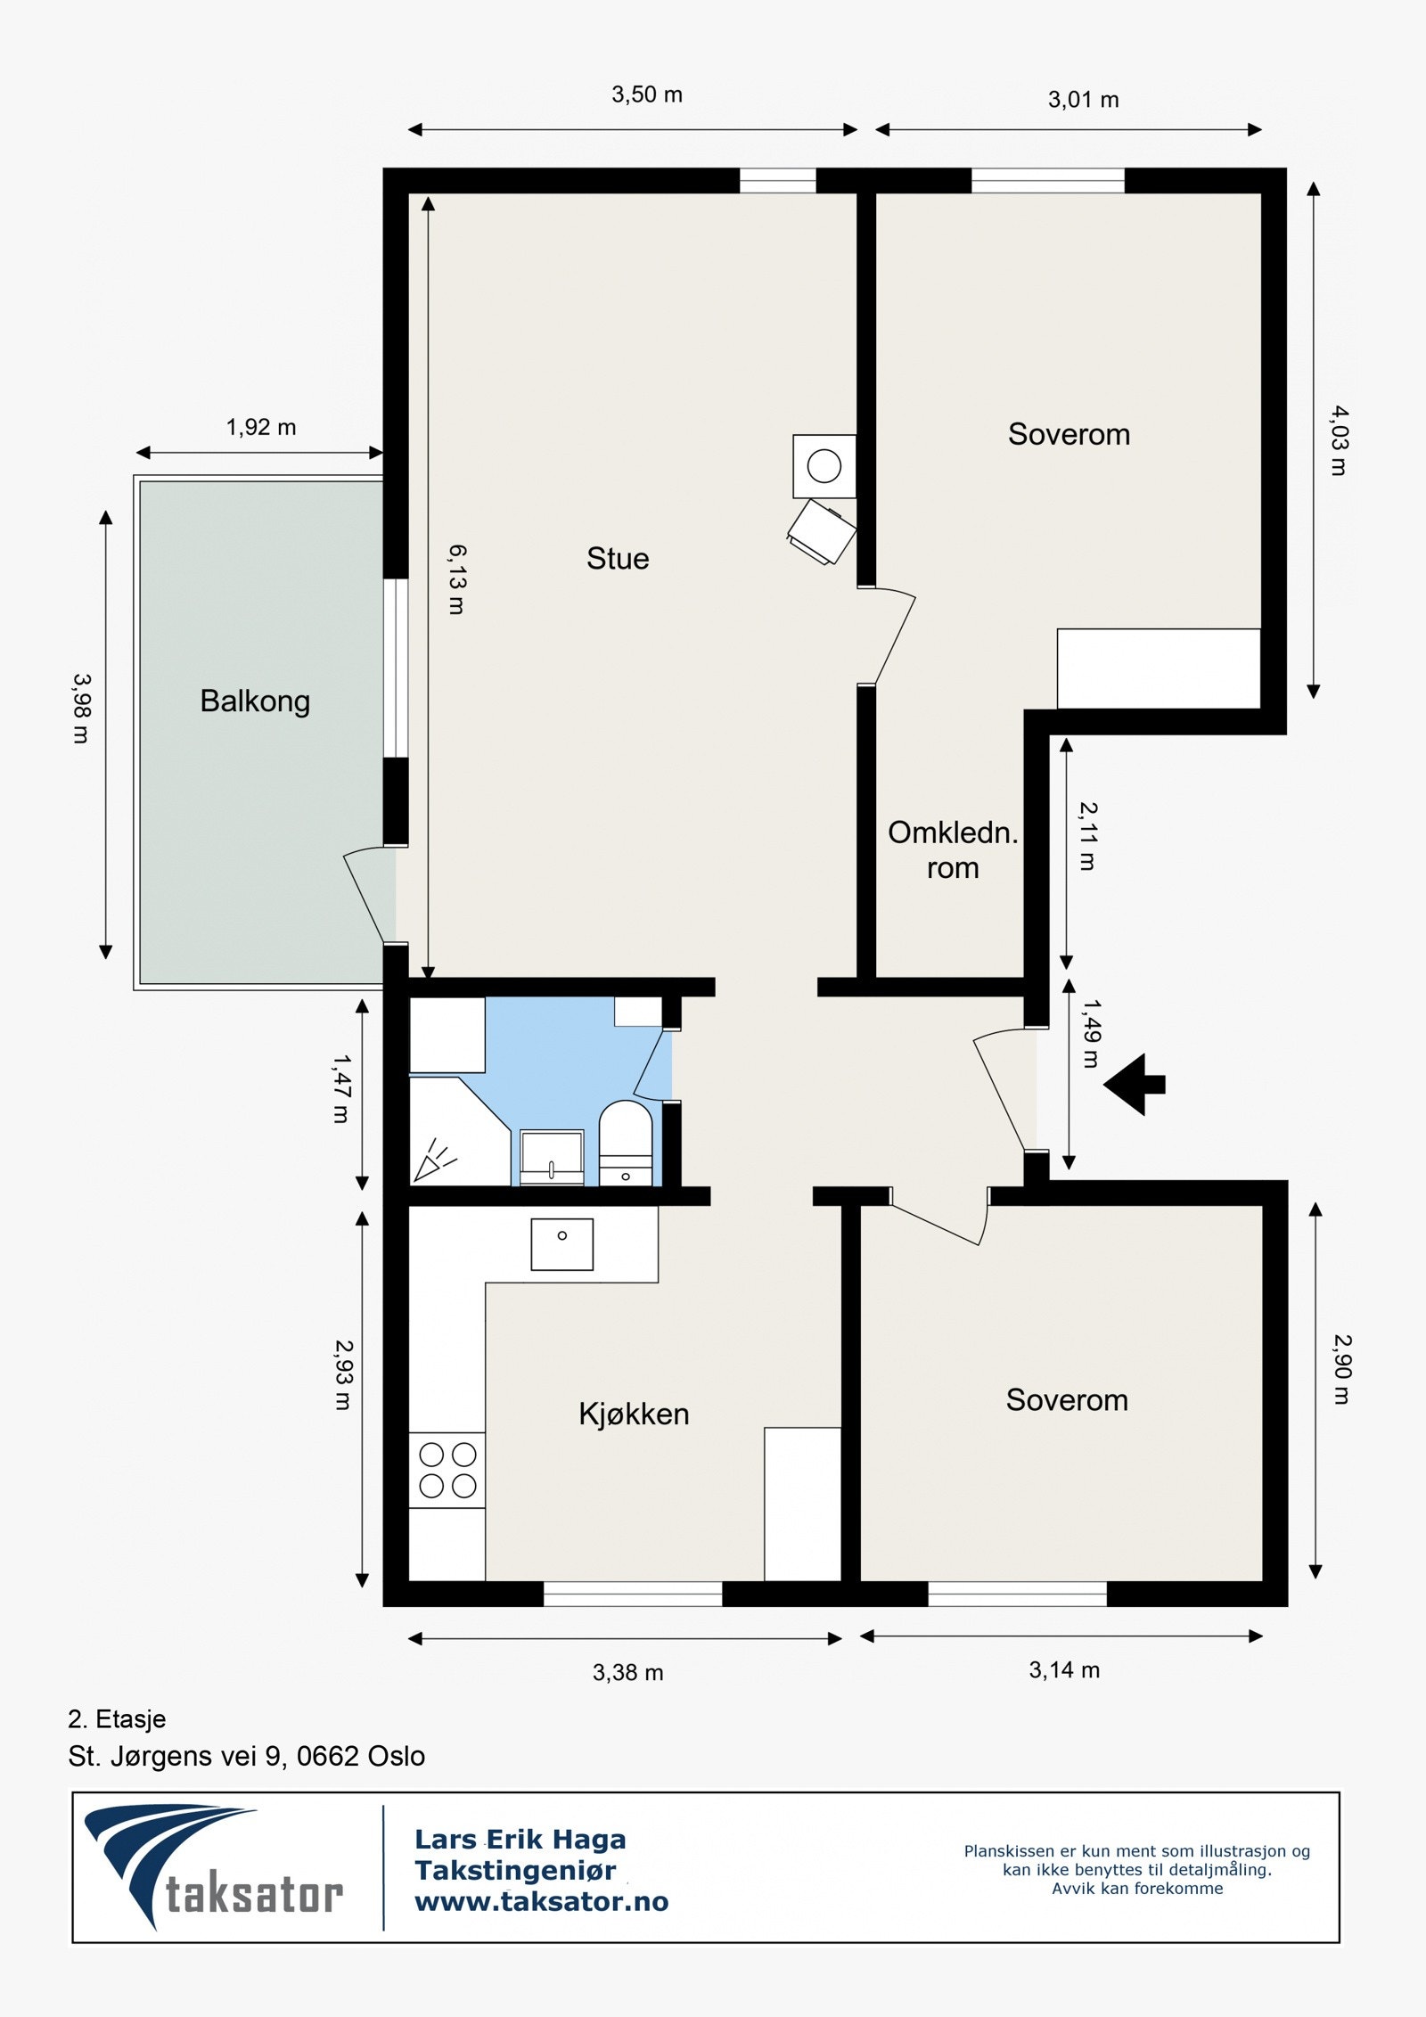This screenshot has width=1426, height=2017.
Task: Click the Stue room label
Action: tap(618, 559)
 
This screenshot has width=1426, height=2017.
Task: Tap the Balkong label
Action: tap(255, 701)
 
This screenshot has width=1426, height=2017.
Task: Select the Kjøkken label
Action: tap(634, 1414)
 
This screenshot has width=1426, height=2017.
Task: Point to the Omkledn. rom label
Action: tap(953, 849)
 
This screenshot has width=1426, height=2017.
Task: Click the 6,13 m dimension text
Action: tap(456, 579)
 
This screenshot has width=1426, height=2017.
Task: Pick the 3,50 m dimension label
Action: tap(647, 94)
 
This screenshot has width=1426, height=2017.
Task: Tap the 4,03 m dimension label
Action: tap(1340, 440)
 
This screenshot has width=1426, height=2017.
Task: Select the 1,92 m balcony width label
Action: tap(261, 427)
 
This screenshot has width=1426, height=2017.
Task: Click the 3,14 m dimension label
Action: tap(1064, 1669)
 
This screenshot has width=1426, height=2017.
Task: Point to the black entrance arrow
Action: tap(1134, 1084)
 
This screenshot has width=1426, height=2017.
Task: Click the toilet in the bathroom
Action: tap(626, 1144)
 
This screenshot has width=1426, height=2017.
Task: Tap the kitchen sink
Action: tap(562, 1244)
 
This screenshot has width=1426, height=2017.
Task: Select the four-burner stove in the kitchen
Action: tap(447, 1470)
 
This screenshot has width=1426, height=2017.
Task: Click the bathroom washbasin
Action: tap(552, 1158)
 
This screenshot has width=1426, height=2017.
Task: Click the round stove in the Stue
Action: tap(824, 466)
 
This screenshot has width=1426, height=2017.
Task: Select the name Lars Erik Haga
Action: tap(520, 1839)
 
